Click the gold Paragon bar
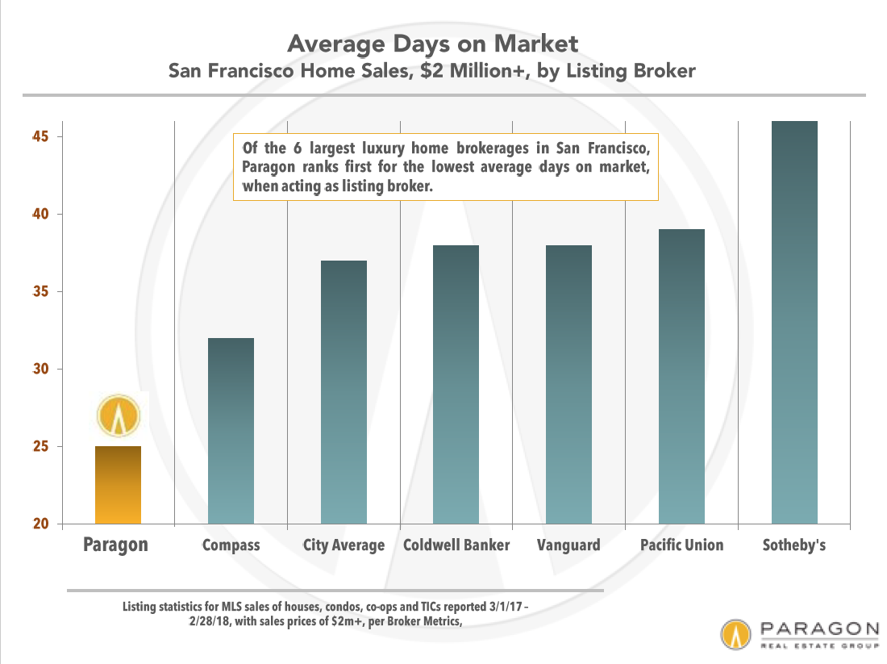(x=118, y=485)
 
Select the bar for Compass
(x=231, y=431)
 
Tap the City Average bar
(x=344, y=392)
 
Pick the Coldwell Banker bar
(x=456, y=384)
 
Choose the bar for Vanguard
(x=568, y=384)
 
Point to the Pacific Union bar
(x=681, y=377)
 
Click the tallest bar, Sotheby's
(x=794, y=322)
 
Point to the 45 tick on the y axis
(x=41, y=136)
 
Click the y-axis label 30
(x=41, y=369)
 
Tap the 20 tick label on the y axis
(x=41, y=524)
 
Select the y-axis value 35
(x=41, y=291)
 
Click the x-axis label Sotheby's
(x=794, y=545)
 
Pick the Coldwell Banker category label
(x=456, y=545)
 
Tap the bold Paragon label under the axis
(x=115, y=545)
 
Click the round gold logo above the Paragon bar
(x=119, y=416)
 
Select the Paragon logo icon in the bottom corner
(x=735, y=634)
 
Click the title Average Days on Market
(x=433, y=44)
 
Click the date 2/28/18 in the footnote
(x=210, y=621)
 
